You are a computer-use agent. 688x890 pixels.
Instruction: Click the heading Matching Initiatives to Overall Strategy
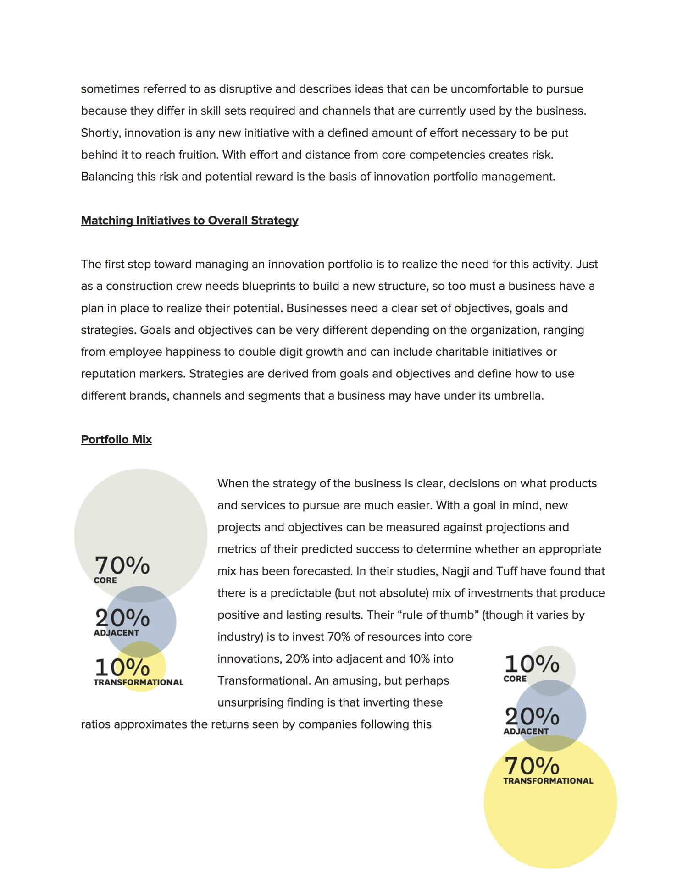pyautogui.click(x=189, y=221)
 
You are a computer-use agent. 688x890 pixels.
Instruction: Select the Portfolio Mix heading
pyautogui.click(x=116, y=439)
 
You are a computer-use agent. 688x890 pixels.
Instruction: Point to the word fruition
pyautogui.click(x=194, y=155)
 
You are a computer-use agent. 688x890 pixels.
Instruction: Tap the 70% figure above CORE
pyautogui.click(x=122, y=565)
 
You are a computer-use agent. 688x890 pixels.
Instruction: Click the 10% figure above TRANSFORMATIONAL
pyautogui.click(x=122, y=667)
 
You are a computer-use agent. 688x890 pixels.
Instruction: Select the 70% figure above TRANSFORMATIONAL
pyautogui.click(x=532, y=766)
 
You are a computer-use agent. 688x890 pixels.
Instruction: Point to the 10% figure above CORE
pyautogui.click(x=532, y=664)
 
